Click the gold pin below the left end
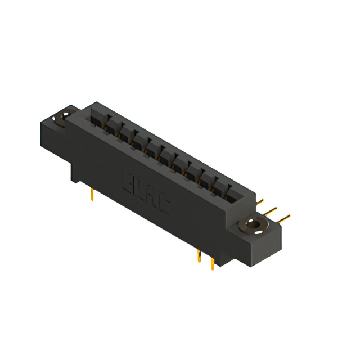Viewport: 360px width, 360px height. pos(92,194)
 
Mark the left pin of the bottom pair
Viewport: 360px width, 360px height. pos(199,256)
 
